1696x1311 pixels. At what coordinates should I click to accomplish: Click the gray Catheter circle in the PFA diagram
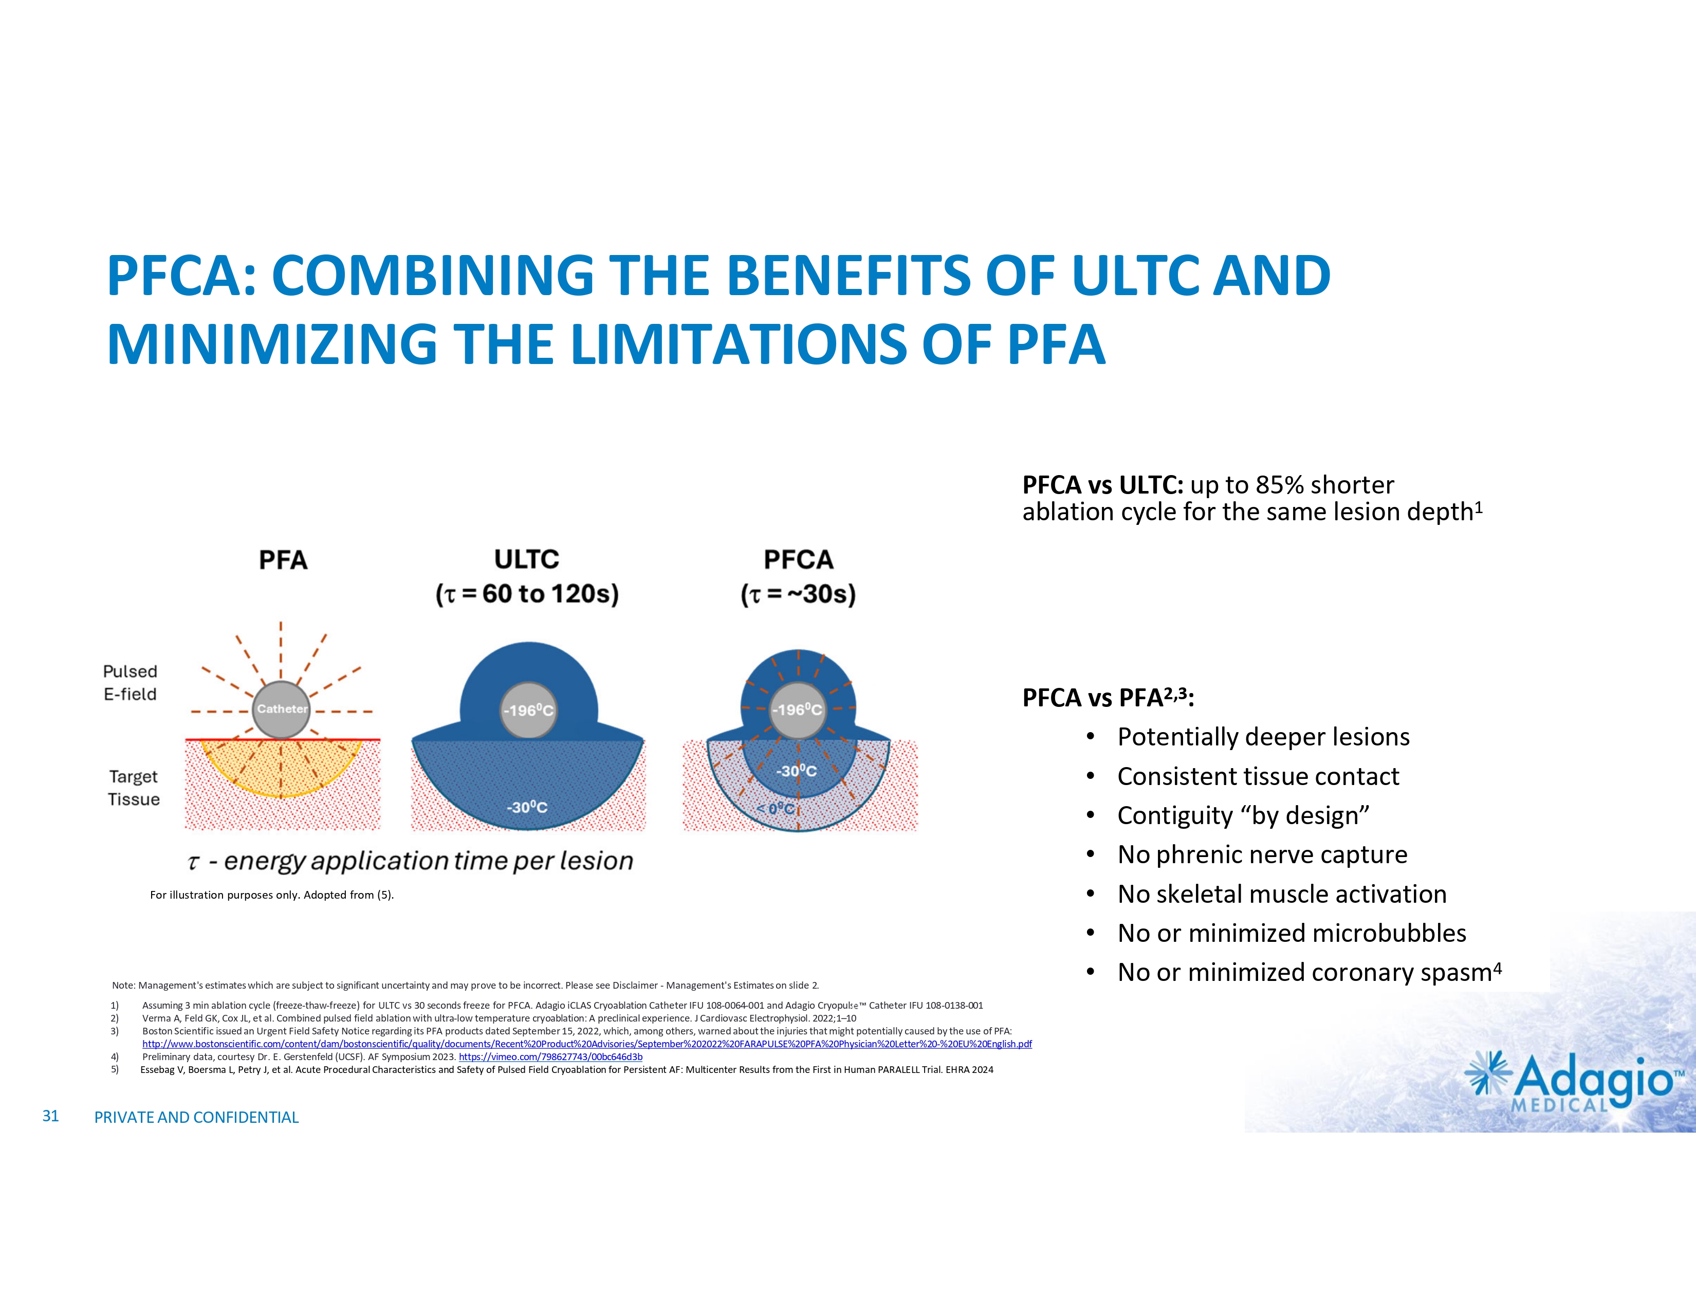coord(281,709)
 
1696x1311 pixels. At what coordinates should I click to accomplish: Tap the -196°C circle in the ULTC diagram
coord(528,711)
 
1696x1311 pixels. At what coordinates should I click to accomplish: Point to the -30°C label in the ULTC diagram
coord(527,808)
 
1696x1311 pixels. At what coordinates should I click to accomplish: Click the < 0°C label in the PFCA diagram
coord(776,809)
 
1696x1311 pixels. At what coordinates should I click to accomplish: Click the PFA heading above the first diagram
coord(284,560)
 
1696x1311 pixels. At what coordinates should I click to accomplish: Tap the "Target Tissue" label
coord(134,788)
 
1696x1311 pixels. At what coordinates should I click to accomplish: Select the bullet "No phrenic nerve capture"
coord(1262,854)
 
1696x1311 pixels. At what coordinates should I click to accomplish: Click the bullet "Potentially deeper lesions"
coord(1263,736)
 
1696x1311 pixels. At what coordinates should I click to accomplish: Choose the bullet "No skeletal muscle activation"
coord(1281,894)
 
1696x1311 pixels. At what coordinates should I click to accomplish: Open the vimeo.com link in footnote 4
coord(550,1057)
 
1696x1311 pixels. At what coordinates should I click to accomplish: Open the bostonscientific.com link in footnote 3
coord(586,1044)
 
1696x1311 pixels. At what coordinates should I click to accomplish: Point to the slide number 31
coord(50,1116)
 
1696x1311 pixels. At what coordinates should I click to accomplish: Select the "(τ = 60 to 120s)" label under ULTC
coord(527,594)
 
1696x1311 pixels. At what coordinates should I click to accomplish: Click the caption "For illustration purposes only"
coord(272,895)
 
